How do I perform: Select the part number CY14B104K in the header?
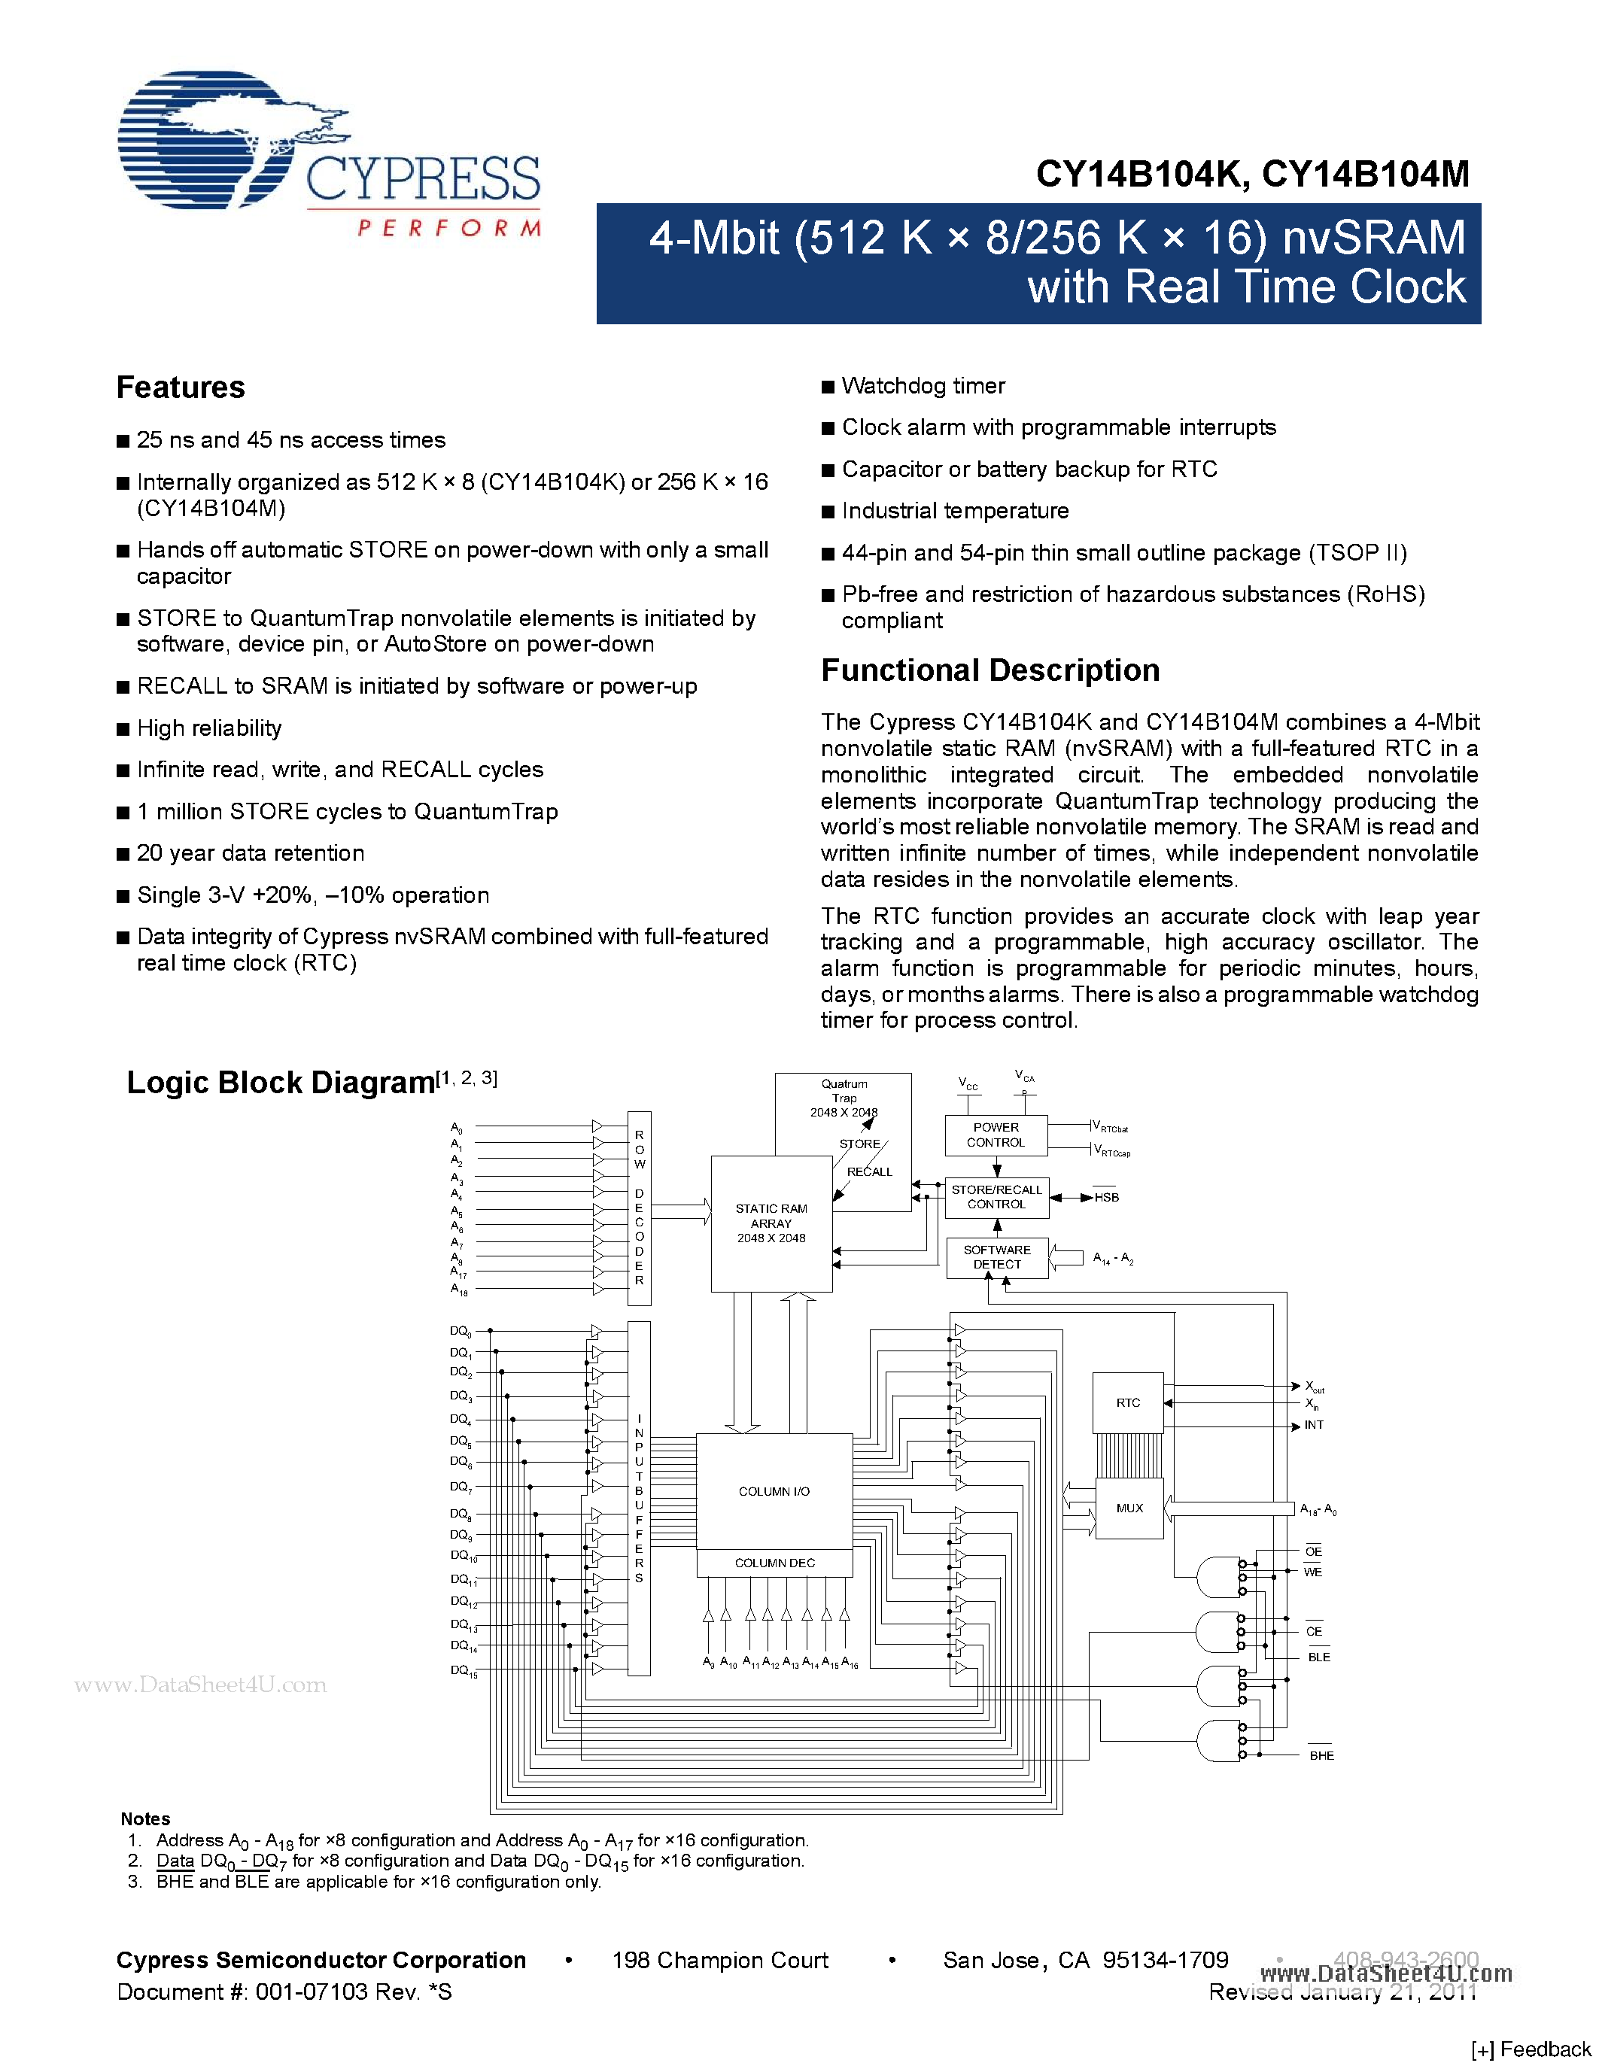click(x=1137, y=175)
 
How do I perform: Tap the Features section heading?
click(x=180, y=387)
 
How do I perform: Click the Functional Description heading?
click(x=990, y=670)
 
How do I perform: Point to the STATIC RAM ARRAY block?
click(x=771, y=1223)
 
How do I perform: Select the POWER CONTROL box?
click(x=996, y=1135)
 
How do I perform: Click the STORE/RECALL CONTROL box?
click(x=996, y=1198)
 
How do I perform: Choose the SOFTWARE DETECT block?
click(x=996, y=1257)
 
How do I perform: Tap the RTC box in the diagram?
click(x=1127, y=1403)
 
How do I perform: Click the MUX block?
click(x=1129, y=1508)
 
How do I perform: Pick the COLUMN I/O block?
click(x=774, y=1492)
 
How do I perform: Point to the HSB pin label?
click(x=1106, y=1198)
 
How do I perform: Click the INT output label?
click(x=1314, y=1425)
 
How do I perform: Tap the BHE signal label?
click(x=1321, y=1755)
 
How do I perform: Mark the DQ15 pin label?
click(x=464, y=1671)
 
